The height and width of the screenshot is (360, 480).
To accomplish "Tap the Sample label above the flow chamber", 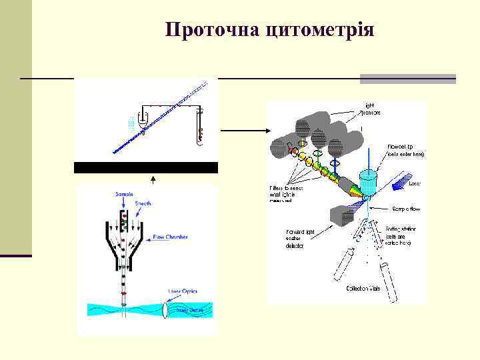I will point(124,193).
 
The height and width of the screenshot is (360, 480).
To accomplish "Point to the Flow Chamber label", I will point(170,237).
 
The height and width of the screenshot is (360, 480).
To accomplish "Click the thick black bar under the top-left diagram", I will point(146,167).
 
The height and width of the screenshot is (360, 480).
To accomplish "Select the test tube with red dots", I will point(199,129).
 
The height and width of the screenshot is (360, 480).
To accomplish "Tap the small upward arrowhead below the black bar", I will point(153,178).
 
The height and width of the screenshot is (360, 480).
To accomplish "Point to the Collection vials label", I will point(364,289).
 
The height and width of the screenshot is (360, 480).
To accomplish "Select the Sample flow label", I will point(405,209).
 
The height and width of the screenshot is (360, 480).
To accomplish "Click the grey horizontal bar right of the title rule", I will point(407,79).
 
